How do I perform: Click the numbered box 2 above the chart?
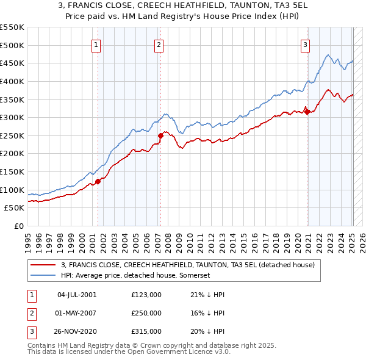pos(159,44)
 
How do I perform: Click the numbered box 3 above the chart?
pos(305,44)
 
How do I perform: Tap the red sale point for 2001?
pos(98,181)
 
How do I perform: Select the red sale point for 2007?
pos(160,135)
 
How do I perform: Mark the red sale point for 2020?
pos(307,112)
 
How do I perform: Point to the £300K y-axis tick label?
pos(12,117)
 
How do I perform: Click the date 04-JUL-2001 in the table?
pos(76,294)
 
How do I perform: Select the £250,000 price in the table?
pos(146,313)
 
